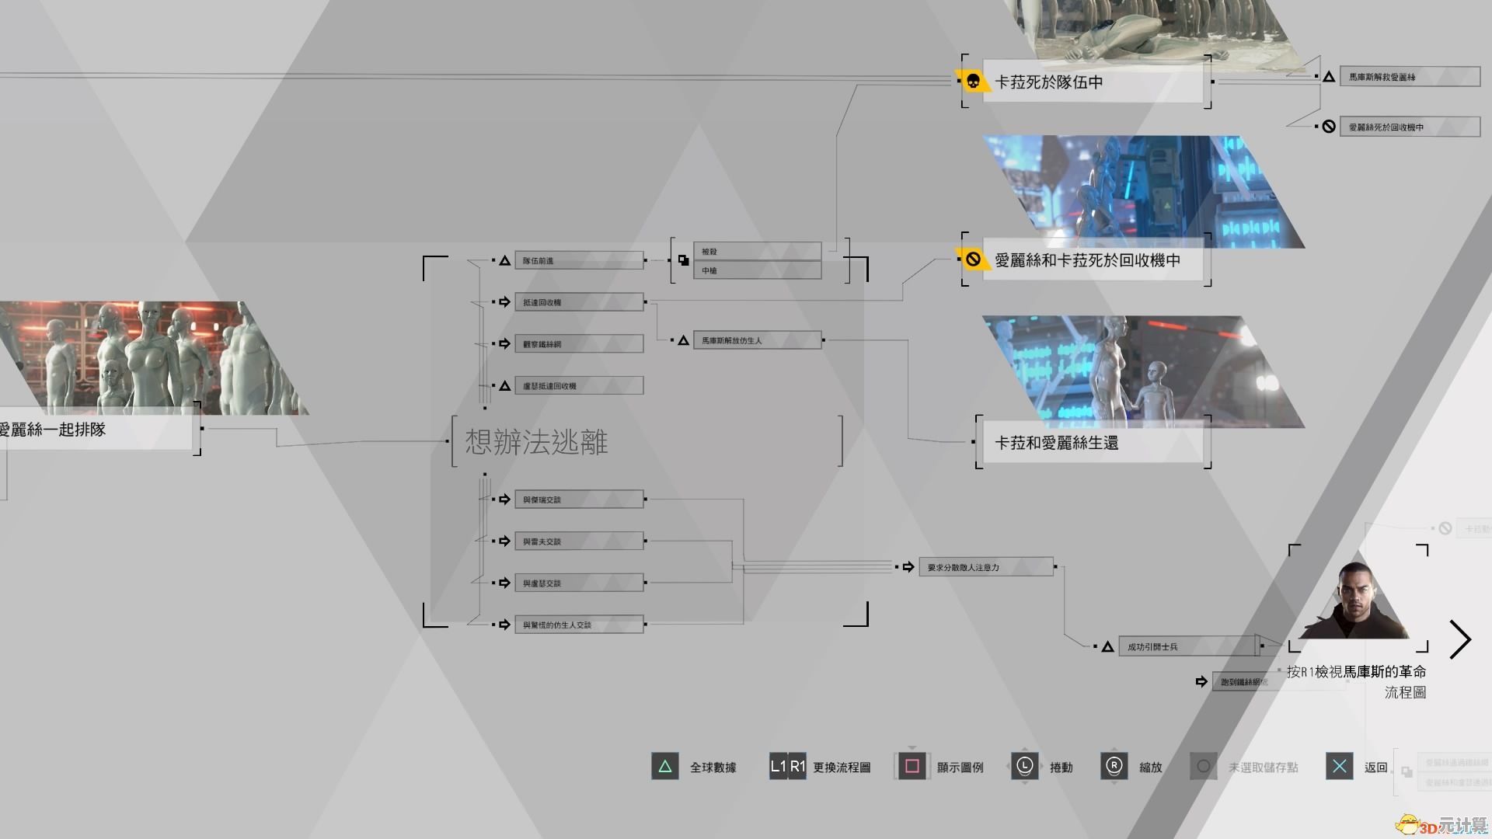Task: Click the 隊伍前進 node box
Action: coord(578,260)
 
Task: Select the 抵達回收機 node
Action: coord(578,302)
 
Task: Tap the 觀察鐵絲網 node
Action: coord(578,343)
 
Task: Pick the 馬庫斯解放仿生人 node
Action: coord(757,340)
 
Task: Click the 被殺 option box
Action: coord(757,251)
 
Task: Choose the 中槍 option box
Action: coord(757,270)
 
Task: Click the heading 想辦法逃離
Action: coord(536,442)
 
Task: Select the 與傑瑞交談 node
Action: coord(578,500)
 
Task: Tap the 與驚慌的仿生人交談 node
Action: coord(578,625)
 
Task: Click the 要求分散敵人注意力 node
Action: coord(985,567)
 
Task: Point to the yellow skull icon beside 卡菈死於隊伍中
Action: coord(972,81)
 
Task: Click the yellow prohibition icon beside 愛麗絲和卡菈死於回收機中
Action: coord(972,259)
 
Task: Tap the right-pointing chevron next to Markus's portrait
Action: coord(1460,640)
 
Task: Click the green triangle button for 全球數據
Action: coord(664,767)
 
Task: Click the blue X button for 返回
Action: coord(1339,767)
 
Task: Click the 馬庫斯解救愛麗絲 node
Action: coord(1408,77)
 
